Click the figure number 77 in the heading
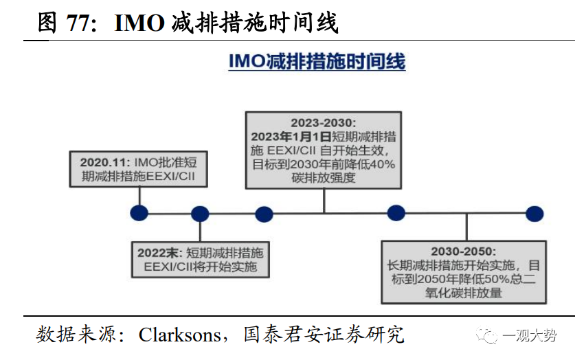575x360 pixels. (x=80, y=23)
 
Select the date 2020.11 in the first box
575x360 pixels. (x=103, y=163)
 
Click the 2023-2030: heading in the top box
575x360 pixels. (x=324, y=122)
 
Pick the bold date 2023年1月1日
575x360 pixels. (x=291, y=136)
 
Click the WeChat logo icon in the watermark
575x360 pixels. (x=489, y=335)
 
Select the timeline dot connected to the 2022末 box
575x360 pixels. (x=200, y=214)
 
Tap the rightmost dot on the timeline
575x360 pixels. (x=534, y=213)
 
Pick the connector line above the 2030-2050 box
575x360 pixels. (x=466, y=226)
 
